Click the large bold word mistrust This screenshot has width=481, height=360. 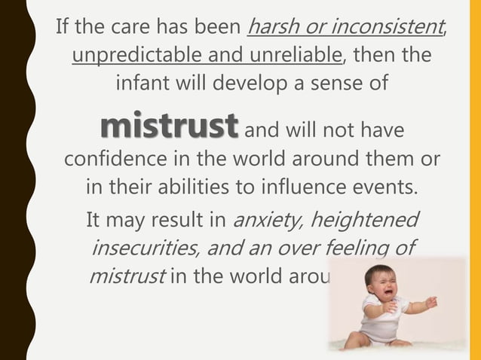[169, 127]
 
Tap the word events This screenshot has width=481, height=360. [387, 187]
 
